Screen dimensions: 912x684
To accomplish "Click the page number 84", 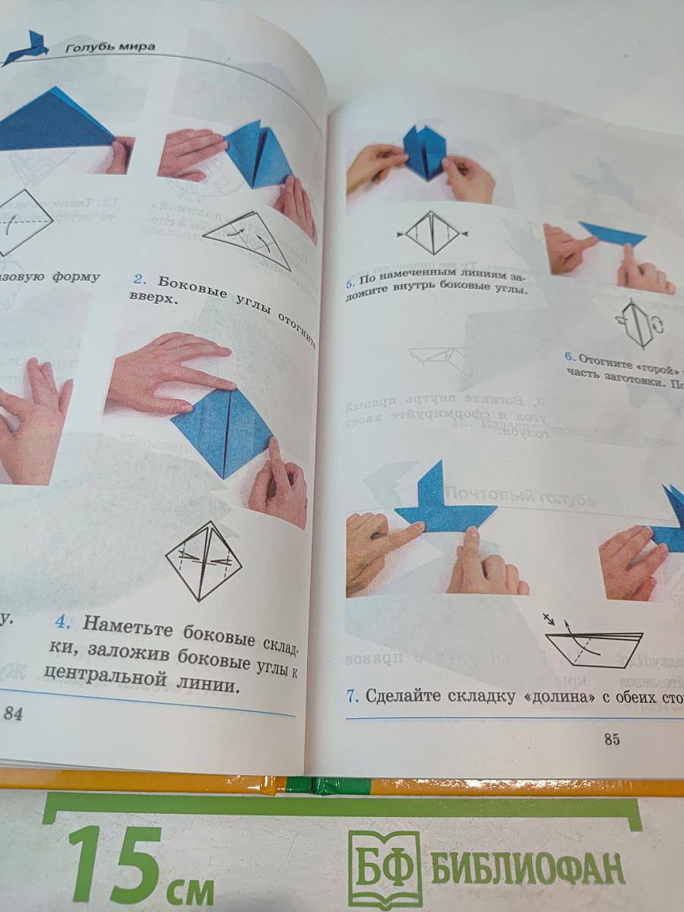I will pos(14,713).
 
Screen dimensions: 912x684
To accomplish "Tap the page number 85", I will pos(612,739).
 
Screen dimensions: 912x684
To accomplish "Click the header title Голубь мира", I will pos(110,47).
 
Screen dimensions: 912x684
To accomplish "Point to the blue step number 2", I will pos(138,277).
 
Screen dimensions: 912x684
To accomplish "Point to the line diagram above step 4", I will pos(203,560).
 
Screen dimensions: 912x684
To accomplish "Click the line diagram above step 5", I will pos(432,233).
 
